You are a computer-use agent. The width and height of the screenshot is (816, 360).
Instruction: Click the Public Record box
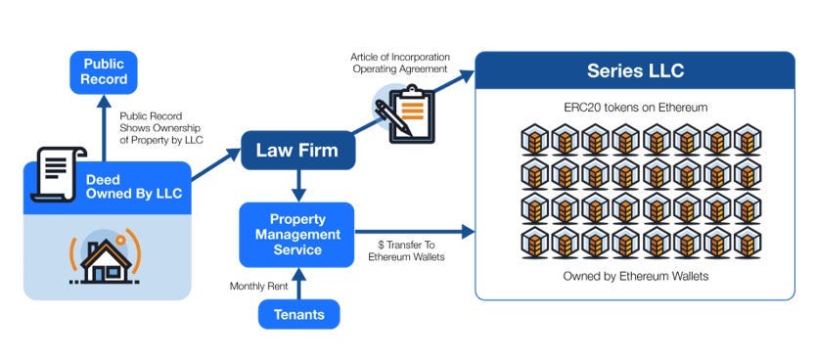(x=104, y=70)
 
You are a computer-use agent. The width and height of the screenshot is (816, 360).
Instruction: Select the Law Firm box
(x=297, y=151)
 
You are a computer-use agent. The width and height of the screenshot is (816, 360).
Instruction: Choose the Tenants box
(x=298, y=314)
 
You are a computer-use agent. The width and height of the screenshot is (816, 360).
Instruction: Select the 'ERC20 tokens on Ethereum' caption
(x=634, y=106)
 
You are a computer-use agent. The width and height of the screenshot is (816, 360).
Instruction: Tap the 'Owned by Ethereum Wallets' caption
(x=634, y=277)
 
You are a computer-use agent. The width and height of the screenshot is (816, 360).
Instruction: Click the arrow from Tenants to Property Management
(x=298, y=282)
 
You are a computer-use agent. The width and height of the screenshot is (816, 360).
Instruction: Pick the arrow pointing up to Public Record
(x=104, y=122)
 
